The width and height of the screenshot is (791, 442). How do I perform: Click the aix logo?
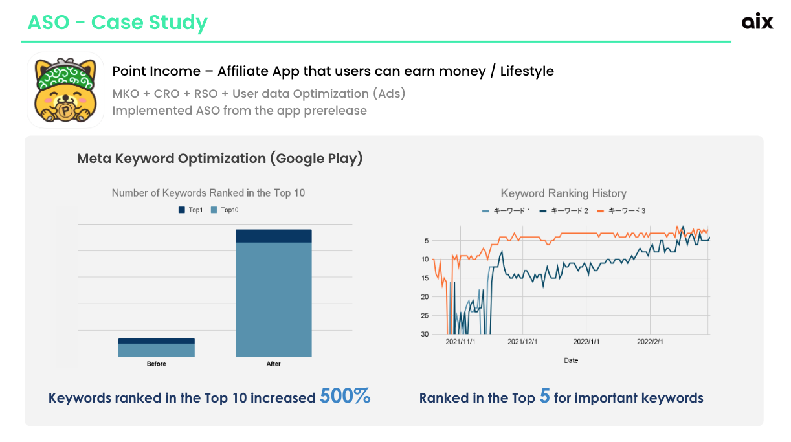click(x=757, y=21)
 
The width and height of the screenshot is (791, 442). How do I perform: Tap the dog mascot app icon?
click(x=65, y=91)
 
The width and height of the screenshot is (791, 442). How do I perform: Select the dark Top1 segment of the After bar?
click(x=274, y=236)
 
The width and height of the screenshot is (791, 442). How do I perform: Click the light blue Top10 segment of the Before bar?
click(x=157, y=350)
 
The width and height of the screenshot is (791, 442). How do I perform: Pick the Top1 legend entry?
click(x=191, y=210)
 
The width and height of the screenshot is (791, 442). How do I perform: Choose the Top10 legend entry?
click(x=225, y=210)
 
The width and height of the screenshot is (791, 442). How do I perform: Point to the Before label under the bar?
click(x=157, y=364)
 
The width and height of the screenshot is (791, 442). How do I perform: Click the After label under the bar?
click(x=273, y=364)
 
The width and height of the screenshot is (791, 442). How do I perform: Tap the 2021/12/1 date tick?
click(x=522, y=342)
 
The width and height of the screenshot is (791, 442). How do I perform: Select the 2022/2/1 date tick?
click(x=650, y=342)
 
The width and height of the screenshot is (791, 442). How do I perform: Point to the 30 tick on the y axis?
click(x=425, y=334)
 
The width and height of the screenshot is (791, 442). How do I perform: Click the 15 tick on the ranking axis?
click(x=425, y=278)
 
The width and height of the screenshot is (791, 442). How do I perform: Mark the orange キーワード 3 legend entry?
click(x=621, y=211)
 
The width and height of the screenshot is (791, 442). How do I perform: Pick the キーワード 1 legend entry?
click(x=506, y=211)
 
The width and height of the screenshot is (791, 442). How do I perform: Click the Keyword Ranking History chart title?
click(x=564, y=193)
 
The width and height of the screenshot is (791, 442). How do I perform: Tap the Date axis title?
click(x=571, y=360)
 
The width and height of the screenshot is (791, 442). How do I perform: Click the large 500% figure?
click(x=345, y=396)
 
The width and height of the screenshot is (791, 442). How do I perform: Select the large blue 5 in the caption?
click(x=544, y=396)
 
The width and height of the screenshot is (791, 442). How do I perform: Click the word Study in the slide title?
click(x=178, y=23)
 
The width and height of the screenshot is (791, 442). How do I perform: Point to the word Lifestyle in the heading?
click(x=527, y=71)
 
